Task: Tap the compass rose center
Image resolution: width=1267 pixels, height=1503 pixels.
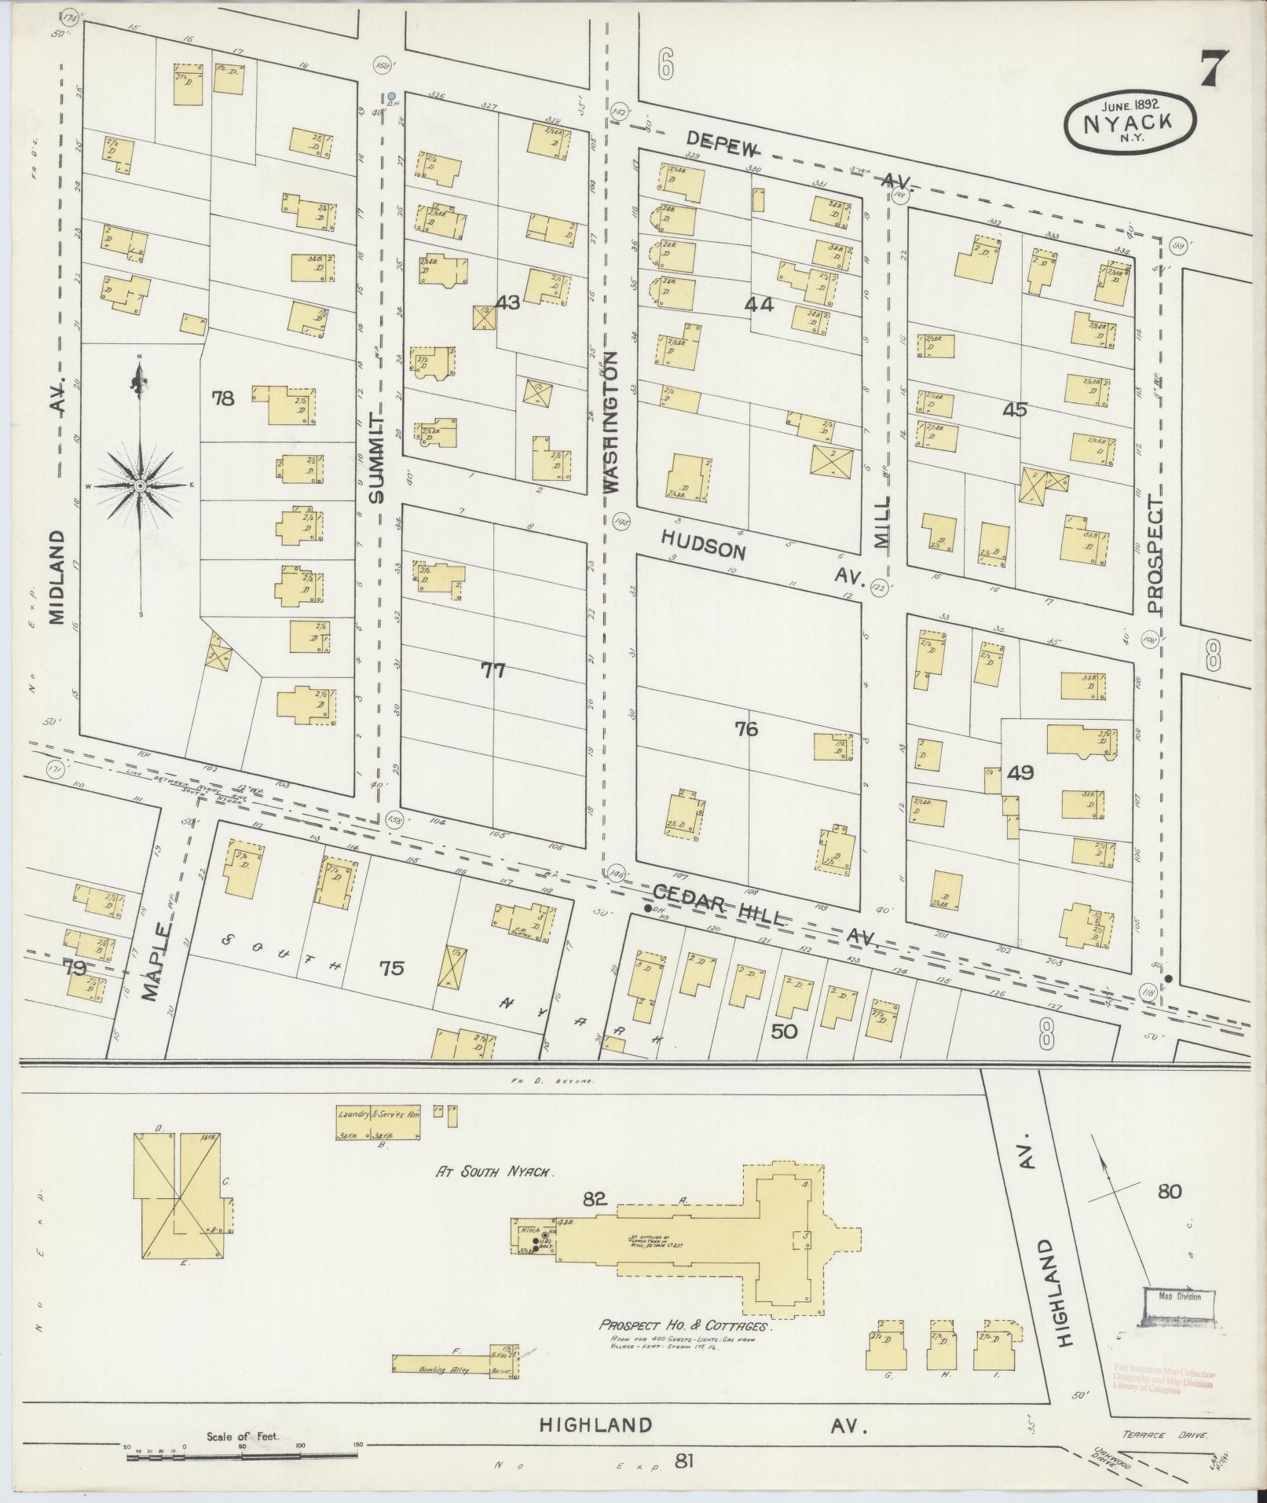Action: (140, 486)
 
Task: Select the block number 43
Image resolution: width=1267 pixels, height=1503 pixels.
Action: (508, 302)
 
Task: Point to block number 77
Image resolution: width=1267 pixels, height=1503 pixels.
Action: (493, 670)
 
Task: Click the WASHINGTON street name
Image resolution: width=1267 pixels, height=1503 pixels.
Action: (613, 421)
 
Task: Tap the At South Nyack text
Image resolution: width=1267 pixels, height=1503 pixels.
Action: (496, 1192)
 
